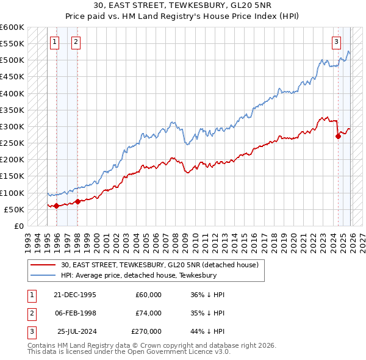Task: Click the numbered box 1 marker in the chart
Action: (x=55, y=42)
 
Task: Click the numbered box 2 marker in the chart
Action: (x=76, y=42)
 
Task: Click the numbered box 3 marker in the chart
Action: (x=336, y=42)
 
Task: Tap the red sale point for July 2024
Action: (x=338, y=137)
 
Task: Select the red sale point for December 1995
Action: (x=57, y=206)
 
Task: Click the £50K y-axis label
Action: (x=15, y=209)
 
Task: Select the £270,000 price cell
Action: (x=146, y=331)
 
